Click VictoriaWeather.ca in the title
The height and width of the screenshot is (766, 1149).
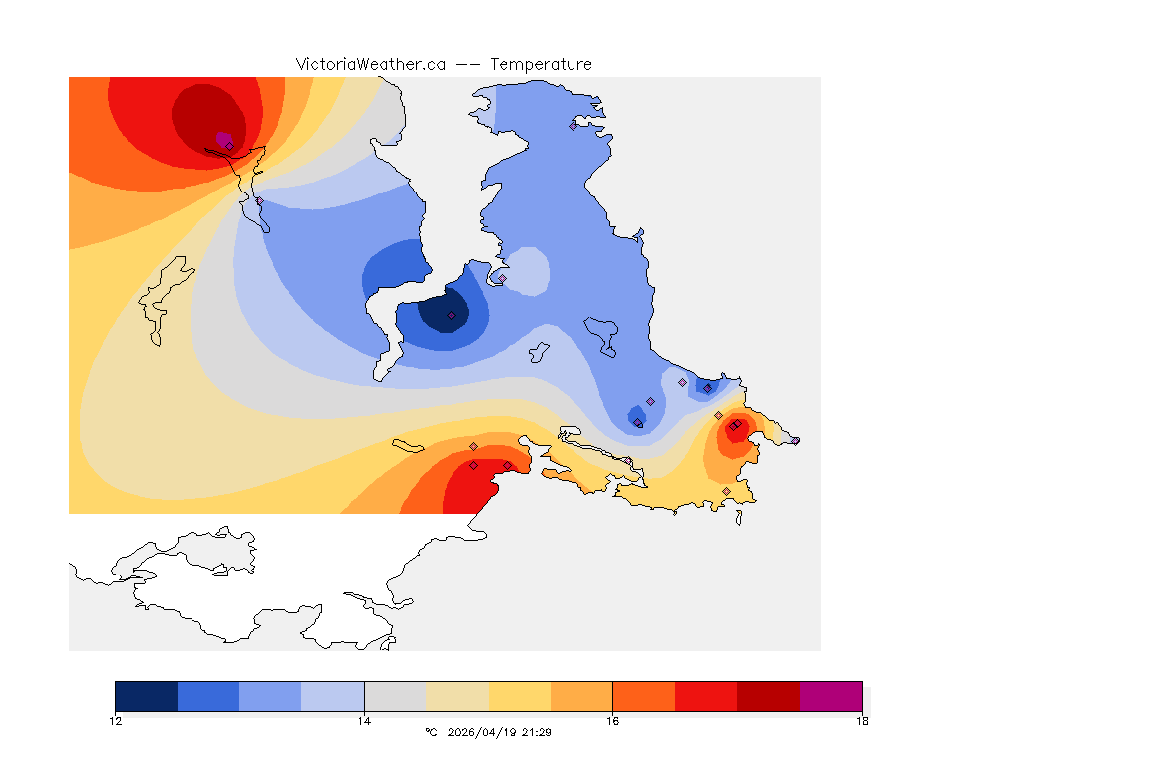tap(370, 64)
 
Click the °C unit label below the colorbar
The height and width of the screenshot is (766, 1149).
tap(431, 732)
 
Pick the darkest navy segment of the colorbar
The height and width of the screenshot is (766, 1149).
tap(147, 696)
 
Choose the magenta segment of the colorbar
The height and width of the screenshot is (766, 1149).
tap(830, 696)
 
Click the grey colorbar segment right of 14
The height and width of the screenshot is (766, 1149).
tap(395, 696)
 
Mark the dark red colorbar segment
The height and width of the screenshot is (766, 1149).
tap(768, 696)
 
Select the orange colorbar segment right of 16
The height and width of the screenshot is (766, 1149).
tap(643, 696)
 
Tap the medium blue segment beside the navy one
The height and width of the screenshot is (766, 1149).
tap(208, 696)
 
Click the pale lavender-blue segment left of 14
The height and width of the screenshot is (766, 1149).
tap(333, 696)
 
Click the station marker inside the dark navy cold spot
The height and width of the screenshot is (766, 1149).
tap(451, 315)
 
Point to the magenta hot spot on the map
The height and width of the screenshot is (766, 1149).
tap(223, 138)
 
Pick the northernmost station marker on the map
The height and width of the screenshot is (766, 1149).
tap(573, 126)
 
